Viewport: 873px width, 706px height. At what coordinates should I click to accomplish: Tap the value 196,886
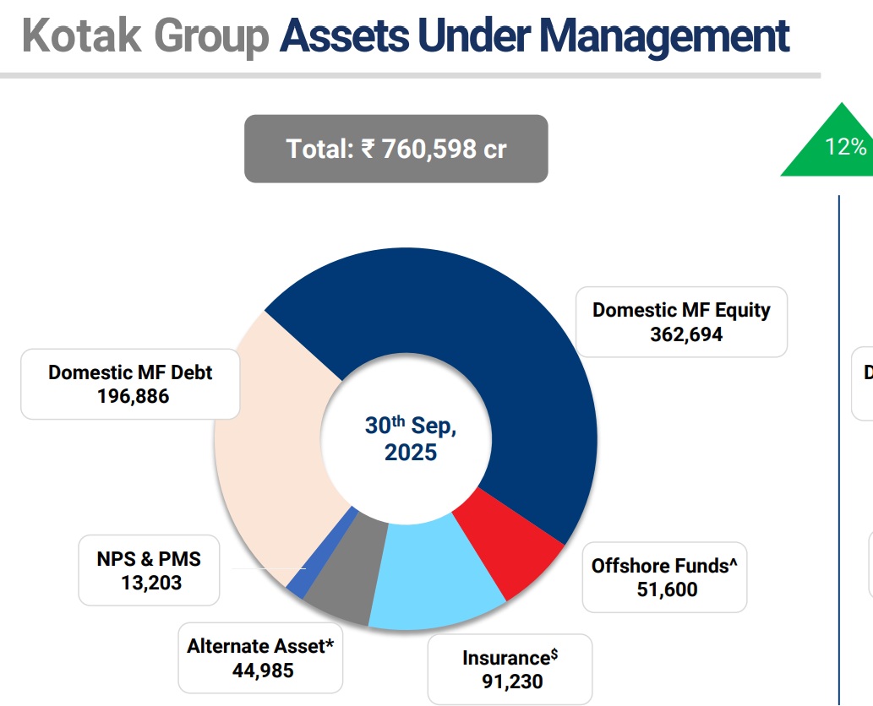coord(134,396)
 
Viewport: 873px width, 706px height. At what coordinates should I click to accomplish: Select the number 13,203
coord(150,582)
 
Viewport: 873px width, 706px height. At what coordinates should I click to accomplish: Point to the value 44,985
coord(263,671)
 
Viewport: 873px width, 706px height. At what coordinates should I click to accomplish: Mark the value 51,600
coord(667,589)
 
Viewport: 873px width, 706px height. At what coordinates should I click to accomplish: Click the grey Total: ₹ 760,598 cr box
coord(396,149)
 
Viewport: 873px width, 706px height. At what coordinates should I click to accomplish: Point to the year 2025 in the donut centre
coord(412,453)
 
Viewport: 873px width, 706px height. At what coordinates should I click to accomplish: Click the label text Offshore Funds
coord(660,566)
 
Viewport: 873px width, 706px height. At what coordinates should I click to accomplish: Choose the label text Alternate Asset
coord(255,647)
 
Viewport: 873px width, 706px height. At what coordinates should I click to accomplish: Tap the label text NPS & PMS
coord(150,558)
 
